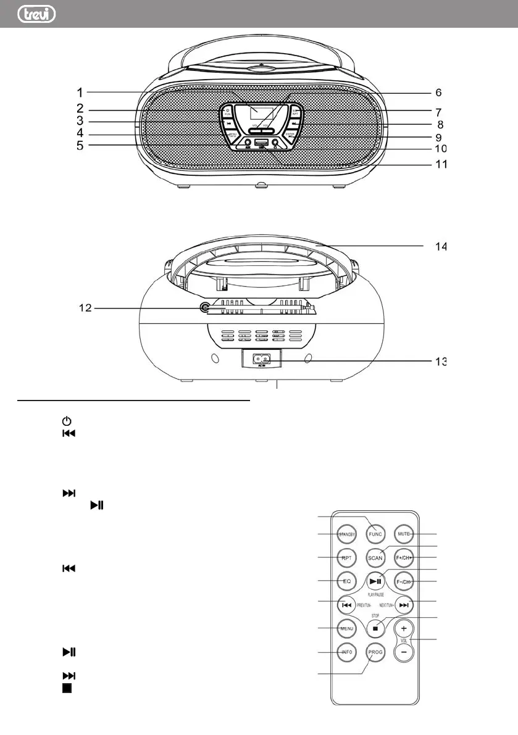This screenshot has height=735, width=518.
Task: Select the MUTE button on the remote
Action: click(x=404, y=533)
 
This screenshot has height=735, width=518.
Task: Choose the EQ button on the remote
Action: click(x=347, y=581)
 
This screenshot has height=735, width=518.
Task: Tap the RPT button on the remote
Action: click(x=347, y=557)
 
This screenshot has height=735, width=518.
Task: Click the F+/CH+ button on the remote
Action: click(x=404, y=557)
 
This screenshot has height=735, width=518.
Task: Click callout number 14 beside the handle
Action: click(x=438, y=246)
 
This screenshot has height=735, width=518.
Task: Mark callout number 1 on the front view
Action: click(x=80, y=93)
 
